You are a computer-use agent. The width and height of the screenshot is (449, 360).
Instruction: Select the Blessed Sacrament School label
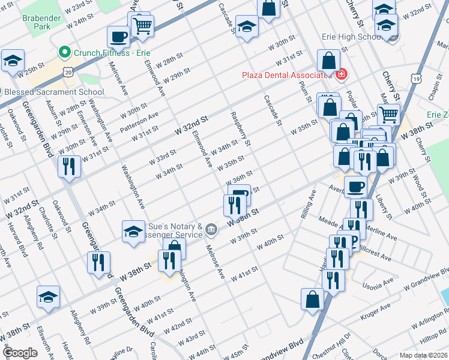pos(54,92)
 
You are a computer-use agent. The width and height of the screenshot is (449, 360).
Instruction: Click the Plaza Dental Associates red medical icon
pos(342,74)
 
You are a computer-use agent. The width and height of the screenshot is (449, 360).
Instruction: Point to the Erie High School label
pos(348,37)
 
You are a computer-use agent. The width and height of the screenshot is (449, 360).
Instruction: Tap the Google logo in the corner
pos(20,352)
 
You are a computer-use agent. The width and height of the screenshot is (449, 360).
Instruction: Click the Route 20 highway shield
pos(69,72)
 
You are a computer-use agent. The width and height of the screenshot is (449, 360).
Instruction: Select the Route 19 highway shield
pos(415,79)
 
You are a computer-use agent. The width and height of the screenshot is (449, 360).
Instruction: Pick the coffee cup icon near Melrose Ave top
pos(118,36)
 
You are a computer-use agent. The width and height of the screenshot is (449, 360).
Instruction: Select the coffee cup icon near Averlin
pos(355,186)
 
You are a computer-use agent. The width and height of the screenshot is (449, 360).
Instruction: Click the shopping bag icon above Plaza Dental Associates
pos(328,61)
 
